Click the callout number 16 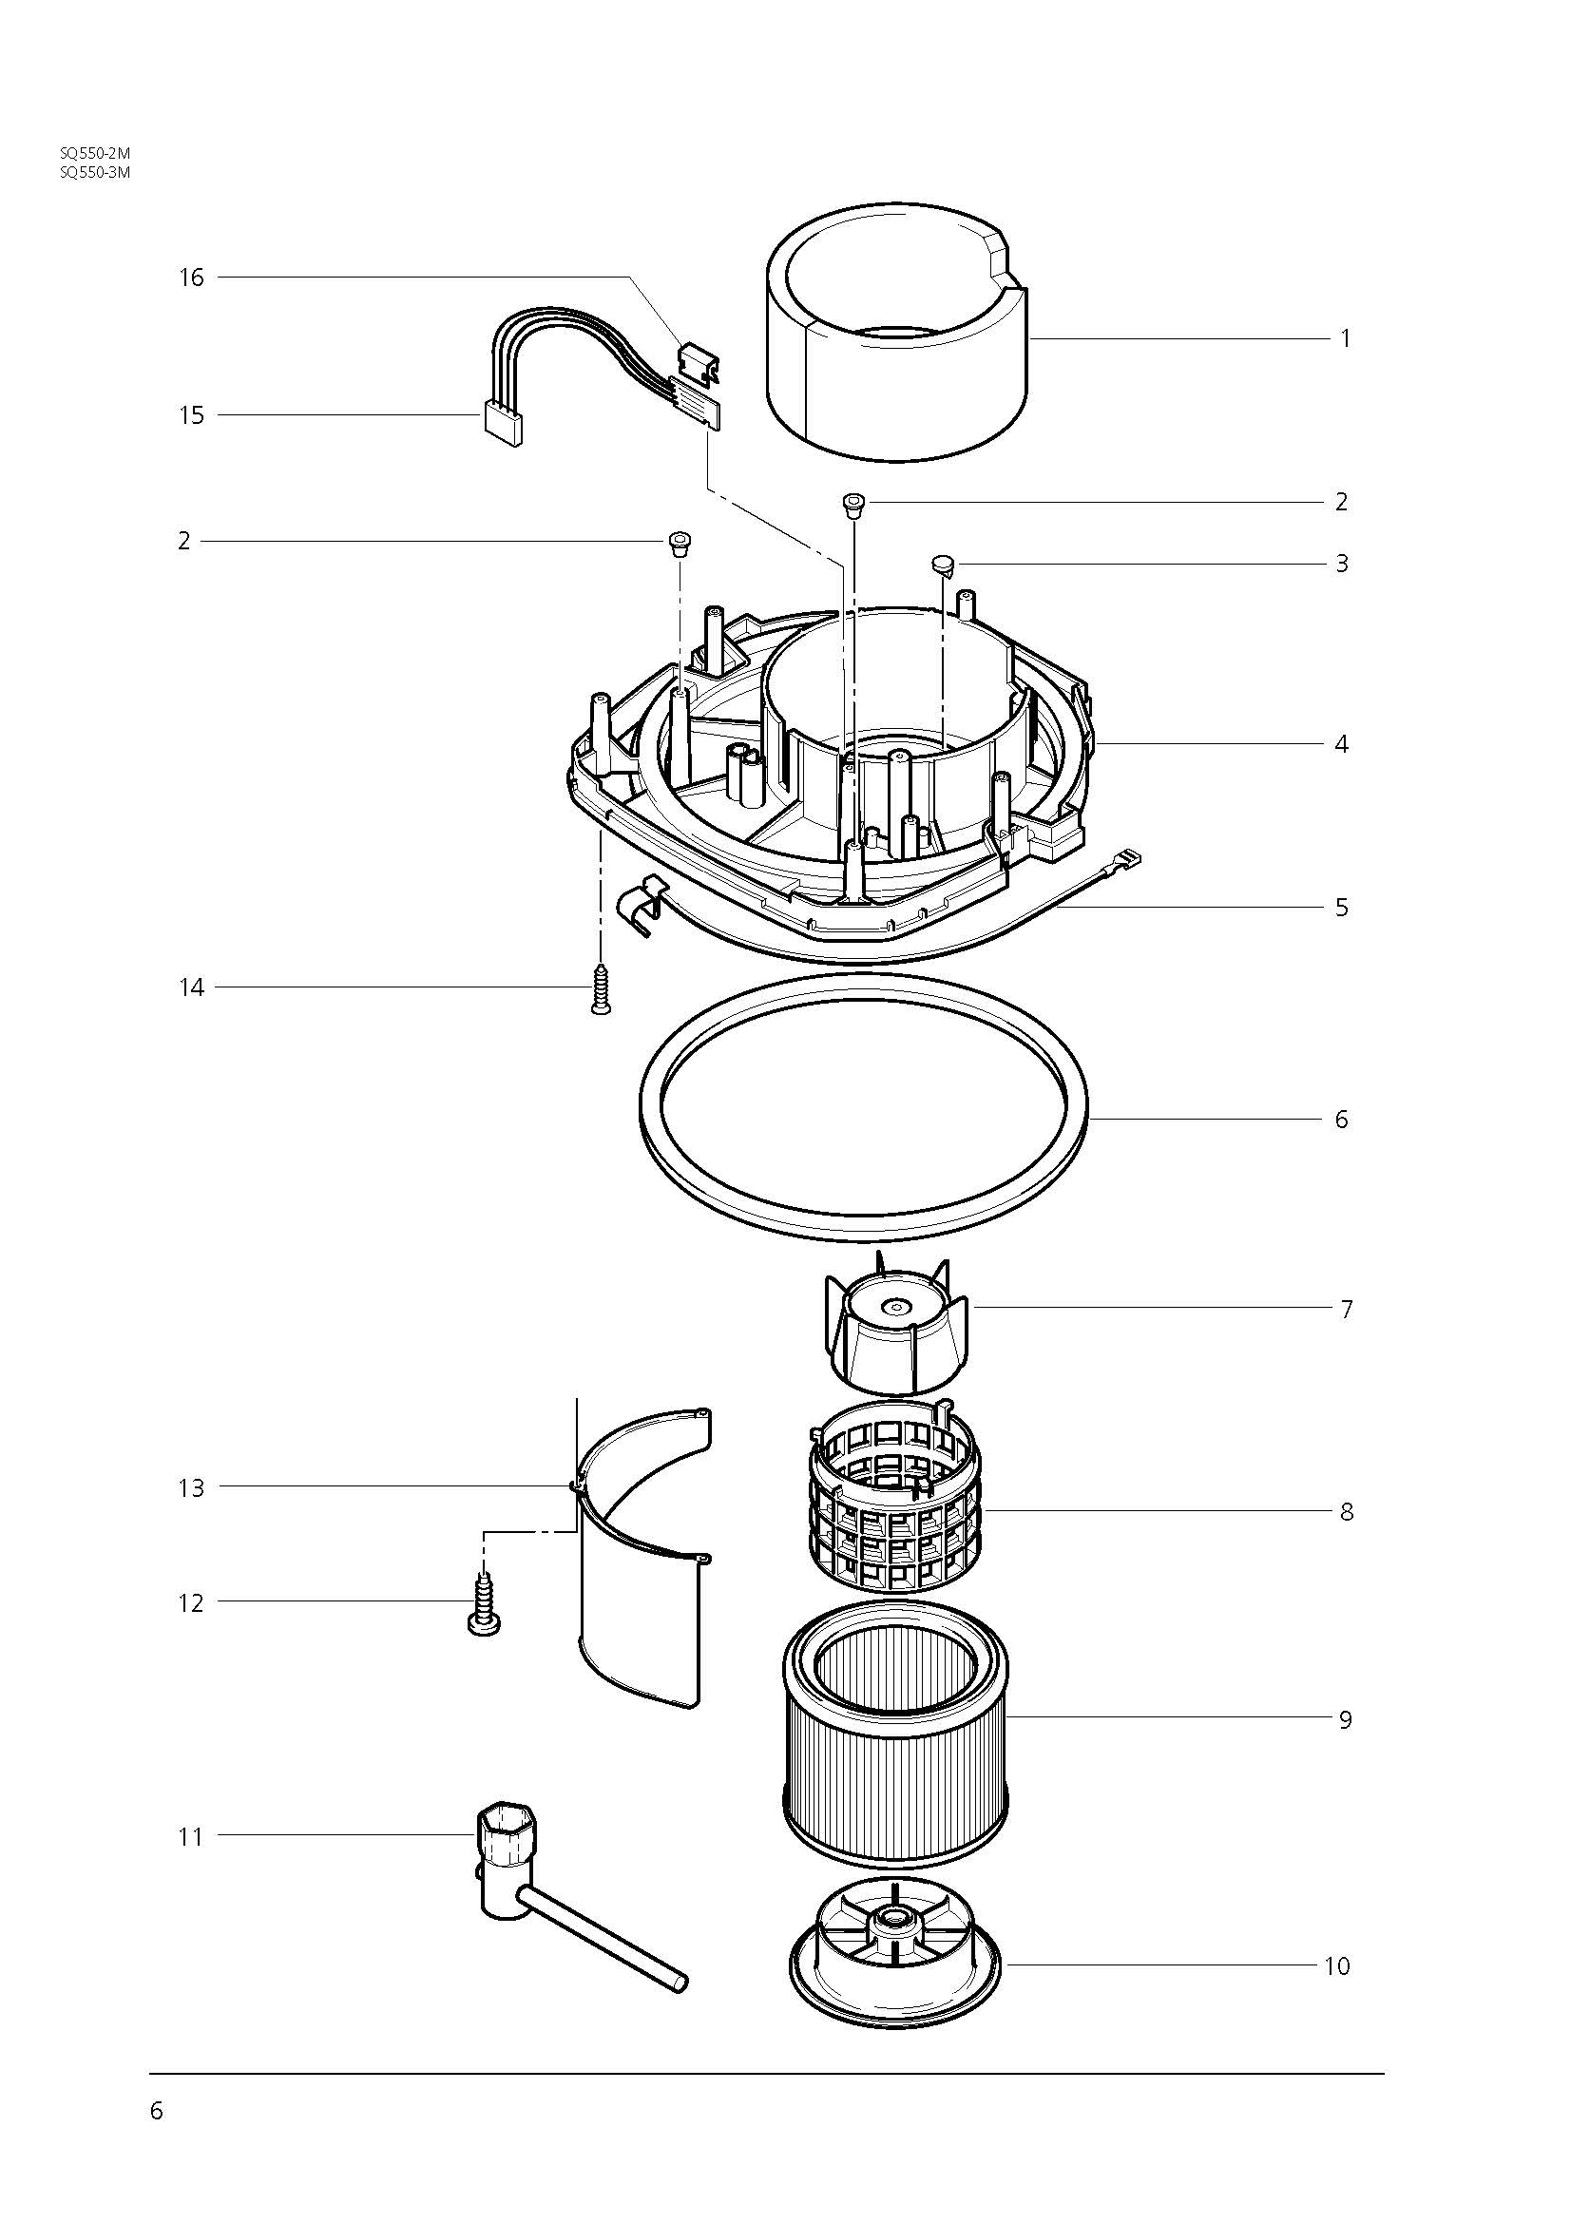pos(192,278)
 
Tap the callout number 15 pos(192,415)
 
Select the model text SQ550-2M pos(95,153)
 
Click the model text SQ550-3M pos(95,172)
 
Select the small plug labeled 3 pos(943,563)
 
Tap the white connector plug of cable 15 pos(502,425)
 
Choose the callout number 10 pos(1336,1966)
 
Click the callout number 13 pos(192,1488)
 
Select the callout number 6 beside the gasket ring pos(1342,1120)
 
